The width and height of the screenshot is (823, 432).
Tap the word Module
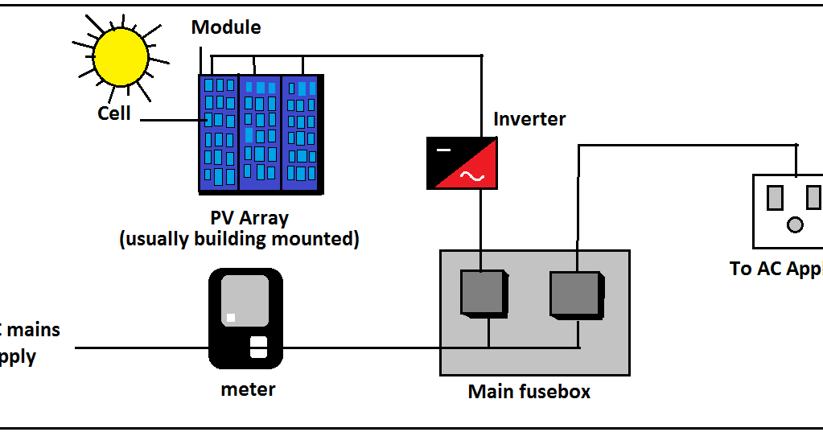(226, 27)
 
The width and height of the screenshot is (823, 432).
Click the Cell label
(114, 113)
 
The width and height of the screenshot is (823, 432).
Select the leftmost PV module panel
(219, 133)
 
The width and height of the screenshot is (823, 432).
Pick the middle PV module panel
(260, 133)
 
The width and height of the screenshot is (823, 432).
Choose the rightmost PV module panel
(302, 133)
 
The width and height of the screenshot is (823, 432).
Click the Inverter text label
(529, 119)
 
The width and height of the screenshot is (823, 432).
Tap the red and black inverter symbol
(462, 163)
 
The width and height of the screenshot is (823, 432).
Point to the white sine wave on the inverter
(471, 177)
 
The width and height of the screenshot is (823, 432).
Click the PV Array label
(249, 218)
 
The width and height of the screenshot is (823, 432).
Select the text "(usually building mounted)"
(239, 239)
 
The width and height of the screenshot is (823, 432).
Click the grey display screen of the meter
(245, 300)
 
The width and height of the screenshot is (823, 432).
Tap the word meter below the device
(248, 389)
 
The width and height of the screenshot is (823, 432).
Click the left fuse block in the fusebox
(484, 292)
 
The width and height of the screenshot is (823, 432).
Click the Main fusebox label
(529, 392)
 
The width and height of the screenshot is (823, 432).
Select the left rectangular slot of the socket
(776, 197)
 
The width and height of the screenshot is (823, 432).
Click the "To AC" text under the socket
(752, 269)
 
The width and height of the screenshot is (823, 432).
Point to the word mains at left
(32, 329)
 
